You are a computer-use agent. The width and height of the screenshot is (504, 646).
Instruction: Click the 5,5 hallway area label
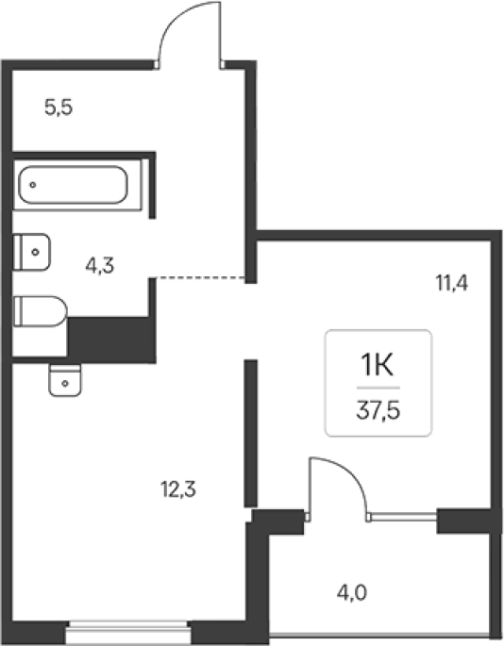click(x=59, y=108)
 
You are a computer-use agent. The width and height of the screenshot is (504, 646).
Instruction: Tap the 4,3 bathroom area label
click(x=99, y=265)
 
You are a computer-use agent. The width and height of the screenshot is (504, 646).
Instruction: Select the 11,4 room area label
click(x=452, y=284)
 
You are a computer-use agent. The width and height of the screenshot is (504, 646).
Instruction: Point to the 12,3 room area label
click(x=178, y=489)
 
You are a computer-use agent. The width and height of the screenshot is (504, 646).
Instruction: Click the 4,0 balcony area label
click(x=352, y=594)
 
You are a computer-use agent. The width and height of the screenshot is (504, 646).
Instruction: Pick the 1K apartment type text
click(x=378, y=366)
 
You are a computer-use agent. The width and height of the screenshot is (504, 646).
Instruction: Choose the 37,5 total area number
click(x=378, y=411)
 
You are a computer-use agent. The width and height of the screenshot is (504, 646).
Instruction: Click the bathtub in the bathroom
click(x=73, y=185)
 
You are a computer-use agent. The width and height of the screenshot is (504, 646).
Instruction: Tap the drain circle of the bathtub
click(x=33, y=185)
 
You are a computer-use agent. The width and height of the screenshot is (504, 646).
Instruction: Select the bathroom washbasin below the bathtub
click(x=32, y=252)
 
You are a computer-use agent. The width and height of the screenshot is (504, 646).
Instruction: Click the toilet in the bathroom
click(x=40, y=311)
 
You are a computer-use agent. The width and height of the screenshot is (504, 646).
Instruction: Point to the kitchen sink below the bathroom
click(x=65, y=380)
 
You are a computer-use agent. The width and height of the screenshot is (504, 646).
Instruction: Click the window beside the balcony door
click(x=404, y=517)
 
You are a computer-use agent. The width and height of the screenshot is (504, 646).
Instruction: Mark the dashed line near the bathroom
click(x=201, y=278)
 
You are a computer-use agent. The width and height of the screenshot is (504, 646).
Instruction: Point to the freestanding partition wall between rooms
click(x=251, y=434)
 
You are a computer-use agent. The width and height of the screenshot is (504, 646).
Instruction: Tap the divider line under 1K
click(x=378, y=388)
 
